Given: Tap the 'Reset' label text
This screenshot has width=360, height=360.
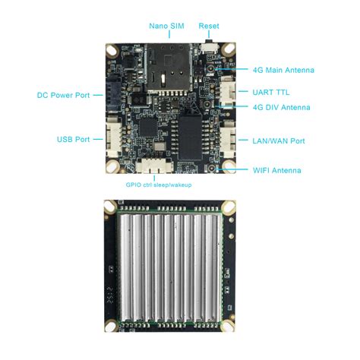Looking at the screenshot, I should (x=209, y=26).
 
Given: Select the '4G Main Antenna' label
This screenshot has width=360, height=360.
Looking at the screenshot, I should (x=283, y=70).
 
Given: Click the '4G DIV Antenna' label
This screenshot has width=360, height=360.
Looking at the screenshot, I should (x=281, y=108).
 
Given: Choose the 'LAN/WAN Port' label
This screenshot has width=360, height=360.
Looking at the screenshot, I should (x=278, y=141).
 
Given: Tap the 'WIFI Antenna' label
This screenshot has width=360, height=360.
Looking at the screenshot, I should (x=276, y=170).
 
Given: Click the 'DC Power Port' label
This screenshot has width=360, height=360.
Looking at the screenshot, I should (x=63, y=95).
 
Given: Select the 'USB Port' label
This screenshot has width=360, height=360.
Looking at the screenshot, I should (x=73, y=140).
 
